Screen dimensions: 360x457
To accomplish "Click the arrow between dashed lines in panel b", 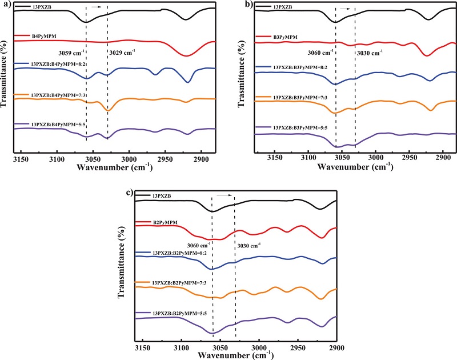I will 345,9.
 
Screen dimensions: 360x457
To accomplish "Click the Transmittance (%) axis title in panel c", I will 121,269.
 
